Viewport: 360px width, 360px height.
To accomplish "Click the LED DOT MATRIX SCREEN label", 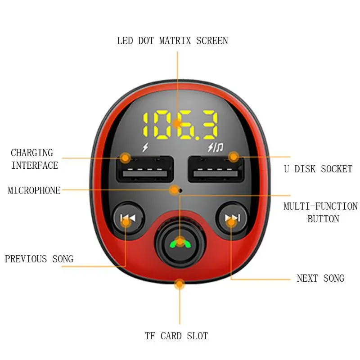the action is pyautogui.click(x=172, y=41).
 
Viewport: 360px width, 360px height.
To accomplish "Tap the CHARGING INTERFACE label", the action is pyautogui.click(x=35, y=159).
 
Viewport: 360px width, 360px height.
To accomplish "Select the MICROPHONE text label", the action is pyautogui.click(x=34, y=190).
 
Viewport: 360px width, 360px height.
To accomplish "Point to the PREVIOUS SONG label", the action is pyautogui.click(x=39, y=259).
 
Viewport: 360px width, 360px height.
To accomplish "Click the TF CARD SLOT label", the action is pyautogui.click(x=176, y=336).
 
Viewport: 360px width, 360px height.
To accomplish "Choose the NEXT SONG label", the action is pyautogui.click(x=320, y=278).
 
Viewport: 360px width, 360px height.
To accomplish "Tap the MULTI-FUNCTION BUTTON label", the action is pyautogui.click(x=321, y=212).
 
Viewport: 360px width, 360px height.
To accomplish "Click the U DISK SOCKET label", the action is pyautogui.click(x=318, y=169).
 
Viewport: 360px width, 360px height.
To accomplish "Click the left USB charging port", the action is pyautogui.click(x=145, y=169).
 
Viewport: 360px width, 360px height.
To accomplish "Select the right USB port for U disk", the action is pyautogui.click(x=216, y=169).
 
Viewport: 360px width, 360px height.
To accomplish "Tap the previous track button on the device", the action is pyautogui.click(x=128, y=218).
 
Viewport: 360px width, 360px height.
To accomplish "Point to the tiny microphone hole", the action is pyautogui.click(x=181, y=190).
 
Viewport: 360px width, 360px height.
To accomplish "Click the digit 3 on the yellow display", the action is pyautogui.click(x=208, y=125).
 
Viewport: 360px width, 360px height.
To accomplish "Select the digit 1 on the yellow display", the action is pyautogui.click(x=147, y=125).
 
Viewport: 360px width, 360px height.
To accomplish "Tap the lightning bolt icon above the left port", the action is pyautogui.click(x=145, y=147).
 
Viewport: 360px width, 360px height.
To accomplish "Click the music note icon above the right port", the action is pyautogui.click(x=220, y=147).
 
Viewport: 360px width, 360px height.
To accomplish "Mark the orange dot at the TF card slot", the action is pyautogui.click(x=180, y=284).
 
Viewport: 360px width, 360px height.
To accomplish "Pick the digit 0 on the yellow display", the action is pyautogui.click(x=162, y=125).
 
